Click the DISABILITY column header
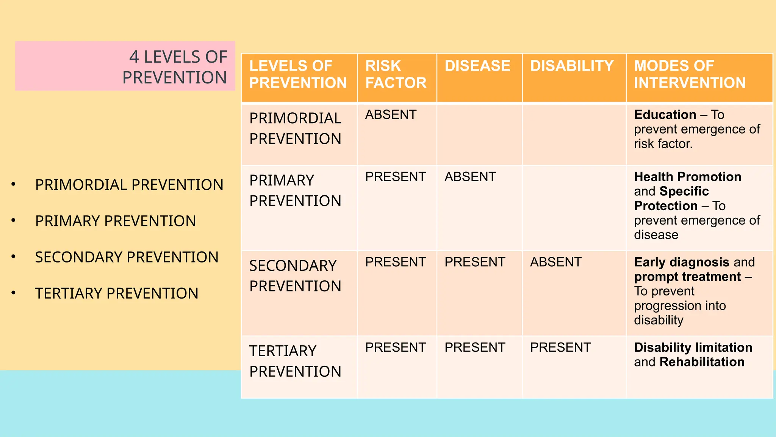pos(571,66)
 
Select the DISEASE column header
pos(477,66)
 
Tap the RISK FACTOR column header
pos(396,74)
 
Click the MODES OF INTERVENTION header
pos(690,74)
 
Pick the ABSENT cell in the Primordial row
pos(391,115)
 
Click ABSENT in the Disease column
pos(470,177)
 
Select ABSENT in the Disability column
pos(555,262)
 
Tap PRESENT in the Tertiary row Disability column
pos(560,347)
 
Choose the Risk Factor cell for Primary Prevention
pos(395,177)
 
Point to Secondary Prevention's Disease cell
pos(474,262)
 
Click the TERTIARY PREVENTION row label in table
pos(295,361)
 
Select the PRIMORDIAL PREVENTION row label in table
pos(295,129)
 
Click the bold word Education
pos(665,115)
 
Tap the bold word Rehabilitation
pos(702,362)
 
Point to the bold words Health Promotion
pos(687,177)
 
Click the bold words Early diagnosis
pos(681,262)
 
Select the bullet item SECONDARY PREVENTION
pos(127,257)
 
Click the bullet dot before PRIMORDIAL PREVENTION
pos(14,185)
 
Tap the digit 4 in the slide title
pos(134,57)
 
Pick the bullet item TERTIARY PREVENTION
pos(116,294)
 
